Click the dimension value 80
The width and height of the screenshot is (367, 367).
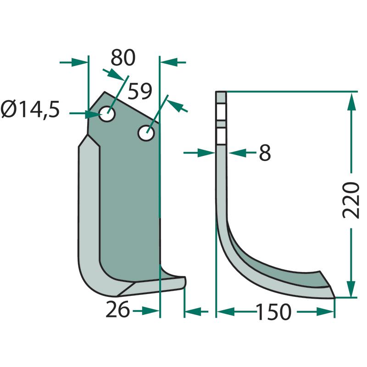click(123, 58)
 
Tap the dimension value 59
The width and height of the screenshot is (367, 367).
click(140, 91)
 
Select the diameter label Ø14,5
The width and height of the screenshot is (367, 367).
click(30, 110)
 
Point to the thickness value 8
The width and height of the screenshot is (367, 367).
click(265, 153)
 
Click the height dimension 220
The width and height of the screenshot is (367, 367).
click(350, 200)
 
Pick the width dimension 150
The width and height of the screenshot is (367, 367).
click(274, 312)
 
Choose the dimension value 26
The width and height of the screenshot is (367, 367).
click(117, 309)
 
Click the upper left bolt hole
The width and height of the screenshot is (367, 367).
click(107, 114)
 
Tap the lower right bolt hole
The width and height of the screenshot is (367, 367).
click(146, 133)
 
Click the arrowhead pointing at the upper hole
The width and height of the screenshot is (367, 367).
click(93, 114)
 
